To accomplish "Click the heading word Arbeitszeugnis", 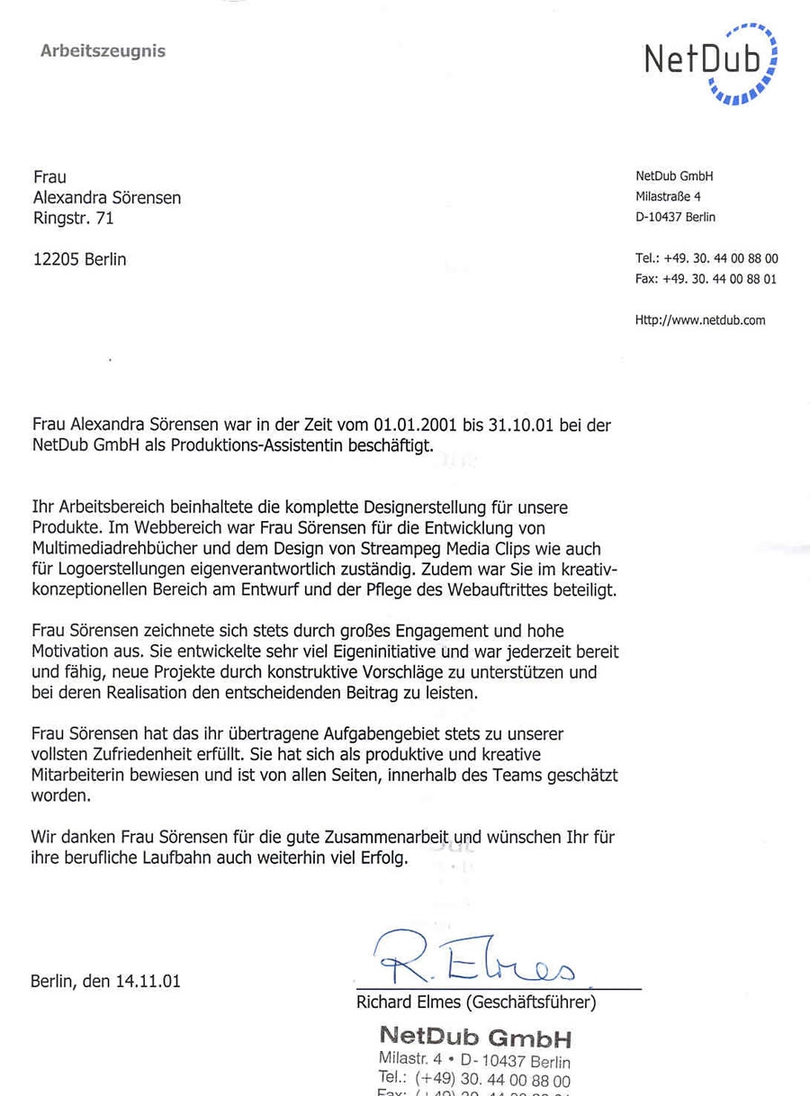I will click(103, 51).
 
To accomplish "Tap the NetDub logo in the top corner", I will click(711, 61).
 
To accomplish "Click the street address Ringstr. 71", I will click(74, 218).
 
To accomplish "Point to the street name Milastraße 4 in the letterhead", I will click(668, 196).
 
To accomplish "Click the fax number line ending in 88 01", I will click(706, 279).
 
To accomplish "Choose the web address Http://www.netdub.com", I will click(700, 319).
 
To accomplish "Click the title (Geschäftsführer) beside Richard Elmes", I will click(539, 1002).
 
